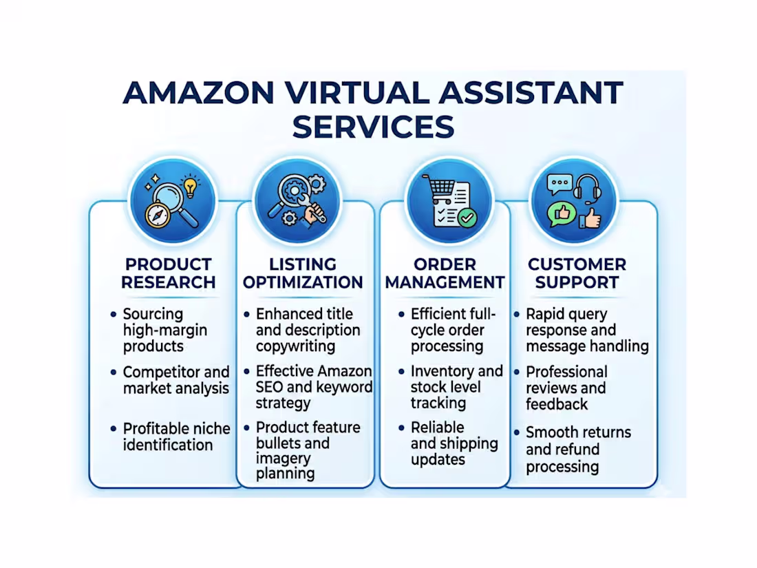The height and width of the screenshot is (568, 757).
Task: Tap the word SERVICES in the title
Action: pyautogui.click(x=375, y=127)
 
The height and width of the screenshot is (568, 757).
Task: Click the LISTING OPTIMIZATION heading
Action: pyautogui.click(x=303, y=273)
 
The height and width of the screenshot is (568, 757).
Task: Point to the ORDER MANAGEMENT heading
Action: pyautogui.click(x=445, y=273)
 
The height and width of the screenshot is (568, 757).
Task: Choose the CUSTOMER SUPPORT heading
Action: pyautogui.click(x=577, y=273)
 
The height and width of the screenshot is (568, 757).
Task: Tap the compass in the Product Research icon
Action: pyautogui.click(x=157, y=213)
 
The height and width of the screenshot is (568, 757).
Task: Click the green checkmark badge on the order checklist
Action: pyautogui.click(x=467, y=218)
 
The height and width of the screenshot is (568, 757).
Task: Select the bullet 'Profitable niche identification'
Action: pyautogui.click(x=176, y=436)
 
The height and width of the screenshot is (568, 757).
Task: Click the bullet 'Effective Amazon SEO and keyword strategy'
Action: pyautogui.click(x=313, y=387)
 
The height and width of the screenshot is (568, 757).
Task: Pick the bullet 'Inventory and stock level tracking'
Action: pyautogui.click(x=456, y=387)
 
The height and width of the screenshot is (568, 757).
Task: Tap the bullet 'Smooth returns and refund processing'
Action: pyautogui.click(x=578, y=450)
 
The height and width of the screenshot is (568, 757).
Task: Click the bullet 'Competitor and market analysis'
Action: pyautogui.click(x=175, y=380)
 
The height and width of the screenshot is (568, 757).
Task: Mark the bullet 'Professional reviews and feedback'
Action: pyautogui.click(x=566, y=388)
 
